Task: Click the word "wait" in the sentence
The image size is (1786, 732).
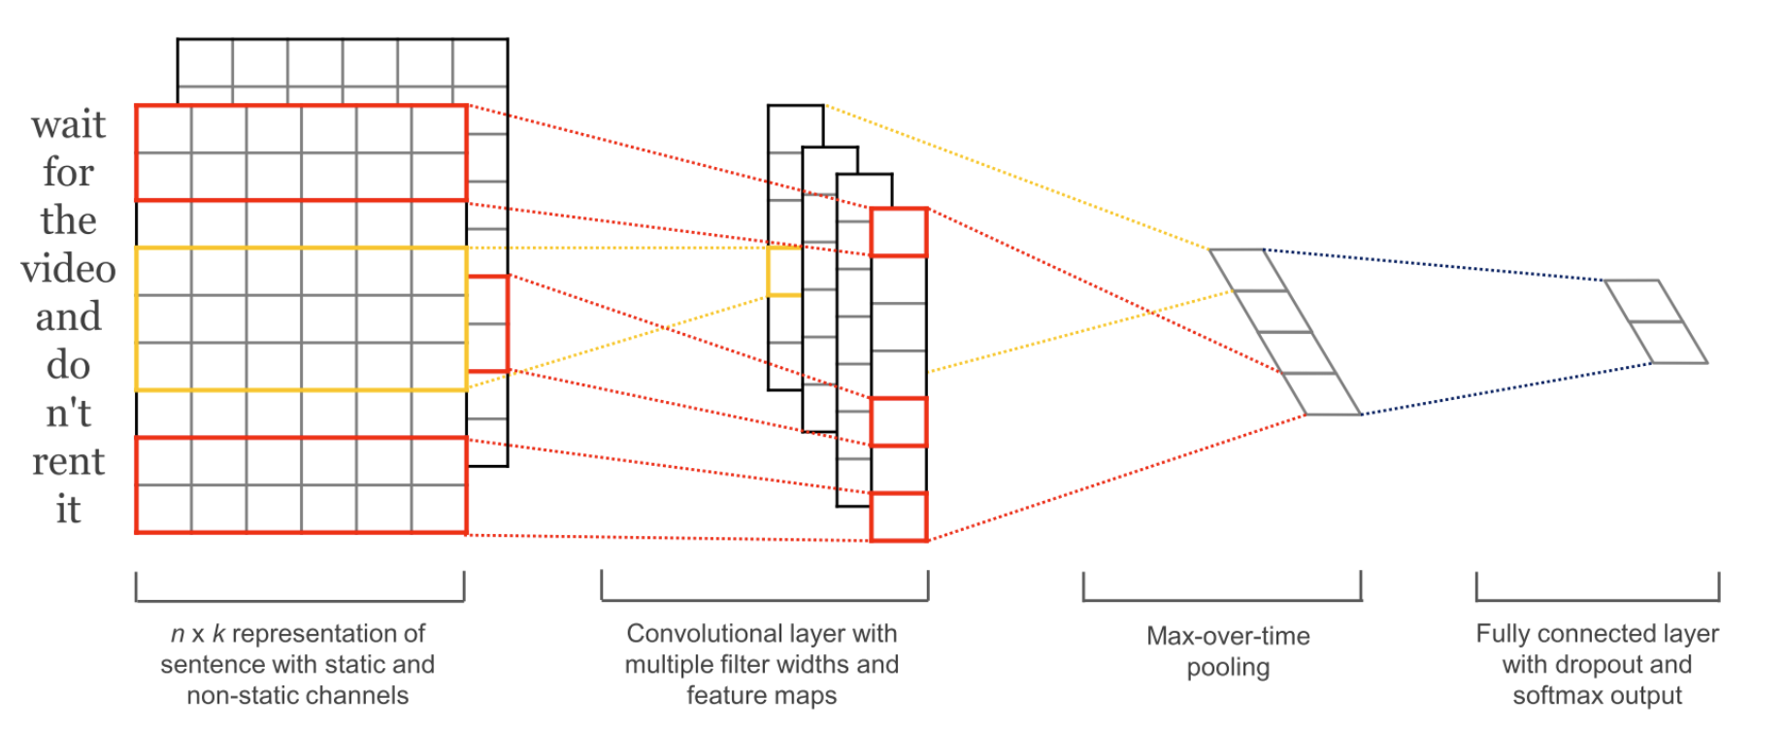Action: coord(68,125)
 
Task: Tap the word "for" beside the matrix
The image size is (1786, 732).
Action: coord(68,173)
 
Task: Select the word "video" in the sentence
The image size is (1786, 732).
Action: coord(68,269)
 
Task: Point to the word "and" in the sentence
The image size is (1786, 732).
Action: coord(68,317)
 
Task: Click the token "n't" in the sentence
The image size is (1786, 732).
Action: coord(68,414)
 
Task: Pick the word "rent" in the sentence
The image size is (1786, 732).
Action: coord(68,461)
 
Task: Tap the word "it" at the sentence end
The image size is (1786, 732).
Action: coord(68,510)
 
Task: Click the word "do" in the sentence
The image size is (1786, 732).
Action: coord(68,366)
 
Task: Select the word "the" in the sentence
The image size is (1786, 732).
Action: coord(68,221)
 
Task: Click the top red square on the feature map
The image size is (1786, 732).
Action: coord(899,232)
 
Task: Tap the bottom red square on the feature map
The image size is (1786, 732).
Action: coord(899,516)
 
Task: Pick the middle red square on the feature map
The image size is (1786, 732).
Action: coord(899,421)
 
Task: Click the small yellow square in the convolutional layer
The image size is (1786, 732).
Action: coord(784,271)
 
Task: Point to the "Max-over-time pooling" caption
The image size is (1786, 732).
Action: coord(1228,651)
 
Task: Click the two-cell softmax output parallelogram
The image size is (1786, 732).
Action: coord(1656,321)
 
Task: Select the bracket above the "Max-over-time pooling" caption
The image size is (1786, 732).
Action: coord(1222,588)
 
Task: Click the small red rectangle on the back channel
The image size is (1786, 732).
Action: coord(488,323)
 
